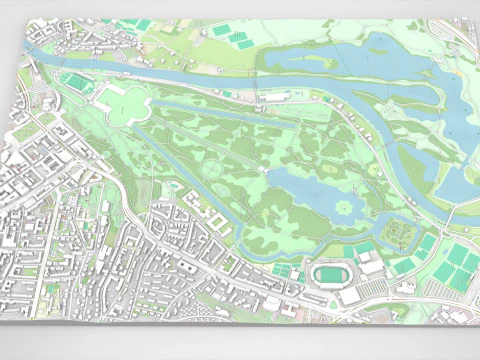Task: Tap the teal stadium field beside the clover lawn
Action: coord(76,81)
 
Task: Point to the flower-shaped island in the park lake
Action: coord(345,207)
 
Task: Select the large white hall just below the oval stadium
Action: coord(350,296)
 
